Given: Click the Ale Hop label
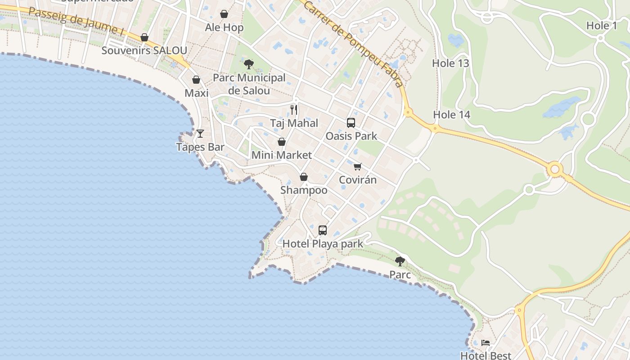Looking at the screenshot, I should coord(224,27).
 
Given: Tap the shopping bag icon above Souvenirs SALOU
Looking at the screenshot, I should coord(144,37).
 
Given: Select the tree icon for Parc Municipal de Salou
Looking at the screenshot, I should coord(248,64).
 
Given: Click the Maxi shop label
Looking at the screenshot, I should coord(197,93).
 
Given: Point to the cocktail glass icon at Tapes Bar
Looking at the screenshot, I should coord(200,133).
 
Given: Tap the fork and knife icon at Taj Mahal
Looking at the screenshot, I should coord(294,109).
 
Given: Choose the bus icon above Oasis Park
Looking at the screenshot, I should coord(351,122).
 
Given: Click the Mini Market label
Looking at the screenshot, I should coord(282,155).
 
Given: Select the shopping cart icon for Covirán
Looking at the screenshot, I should coord(358,167).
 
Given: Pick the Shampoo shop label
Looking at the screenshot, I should coord(304,190).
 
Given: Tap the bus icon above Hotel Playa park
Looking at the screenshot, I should coord(323,230).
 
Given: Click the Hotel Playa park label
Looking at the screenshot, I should coord(323,244).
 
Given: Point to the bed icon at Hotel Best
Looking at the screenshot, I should coord(486,343).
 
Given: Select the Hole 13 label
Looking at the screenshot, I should coord(450,63).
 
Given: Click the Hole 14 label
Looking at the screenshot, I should coord(451,115).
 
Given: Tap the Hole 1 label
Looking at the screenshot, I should coord(602,26).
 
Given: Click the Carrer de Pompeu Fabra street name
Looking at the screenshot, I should coord(353,44).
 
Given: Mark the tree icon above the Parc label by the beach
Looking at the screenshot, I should coord(400,261).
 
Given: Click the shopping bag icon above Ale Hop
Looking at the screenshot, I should coord(224,14).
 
